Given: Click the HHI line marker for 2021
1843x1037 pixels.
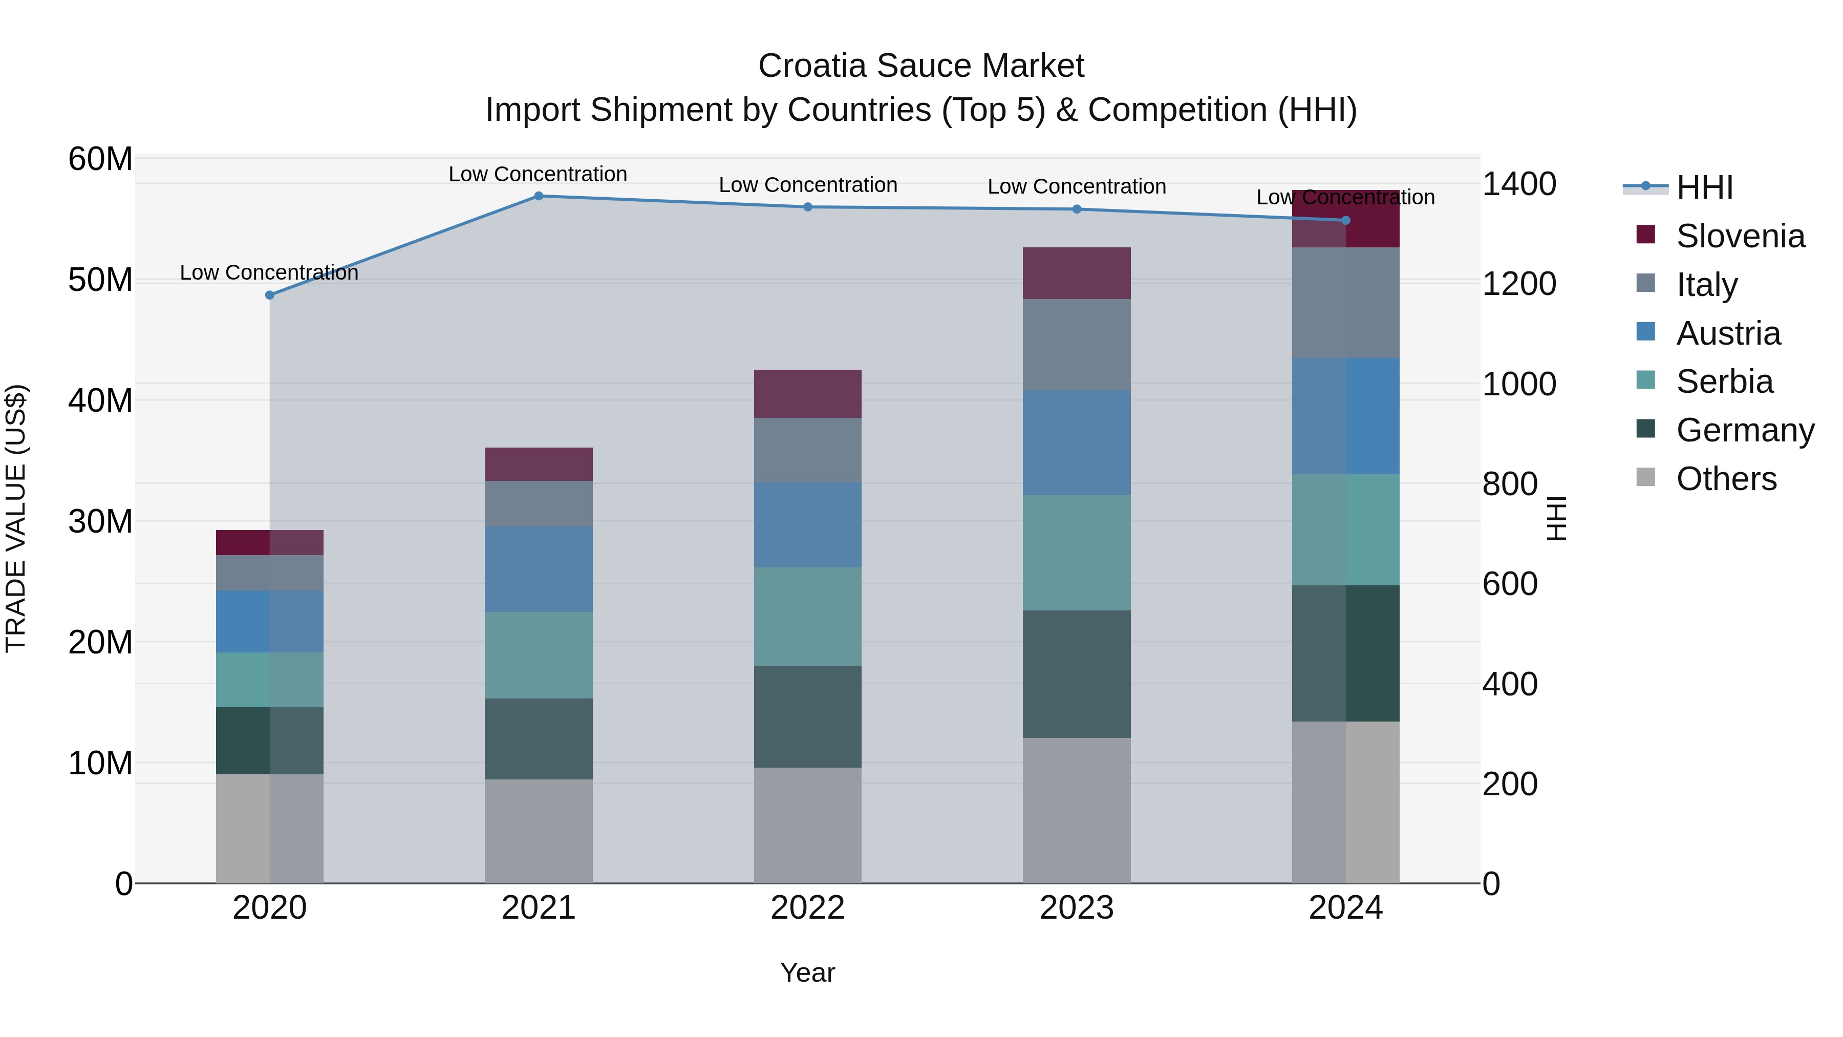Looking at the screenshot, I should coord(539,196).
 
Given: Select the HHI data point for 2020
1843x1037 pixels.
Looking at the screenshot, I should coord(270,295).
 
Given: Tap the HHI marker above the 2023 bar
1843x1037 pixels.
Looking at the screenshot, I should coord(1077,209).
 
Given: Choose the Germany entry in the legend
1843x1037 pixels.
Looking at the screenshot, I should coord(1744,430).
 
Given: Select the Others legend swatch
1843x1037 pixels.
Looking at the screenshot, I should coord(1645,477).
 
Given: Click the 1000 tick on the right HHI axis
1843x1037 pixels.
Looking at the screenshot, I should coord(1518,384).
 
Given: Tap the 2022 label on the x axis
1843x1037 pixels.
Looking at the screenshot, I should coord(808,908).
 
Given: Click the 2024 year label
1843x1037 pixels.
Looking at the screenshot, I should coord(1346,908).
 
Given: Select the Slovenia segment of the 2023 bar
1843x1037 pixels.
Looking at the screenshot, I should coord(1077,273).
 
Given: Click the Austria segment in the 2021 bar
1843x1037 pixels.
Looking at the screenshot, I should coord(539,569).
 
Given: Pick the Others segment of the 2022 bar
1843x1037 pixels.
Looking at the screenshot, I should coord(808,825).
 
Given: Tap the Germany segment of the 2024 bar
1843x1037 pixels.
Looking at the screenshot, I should coord(1346,653).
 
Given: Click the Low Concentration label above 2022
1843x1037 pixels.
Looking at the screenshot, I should coord(808,185).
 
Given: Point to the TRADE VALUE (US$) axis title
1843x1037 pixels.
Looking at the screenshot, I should coord(16,519).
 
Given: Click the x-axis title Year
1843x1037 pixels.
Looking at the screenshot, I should coord(808,972).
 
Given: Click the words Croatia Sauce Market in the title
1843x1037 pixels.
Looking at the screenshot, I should coord(921,66).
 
